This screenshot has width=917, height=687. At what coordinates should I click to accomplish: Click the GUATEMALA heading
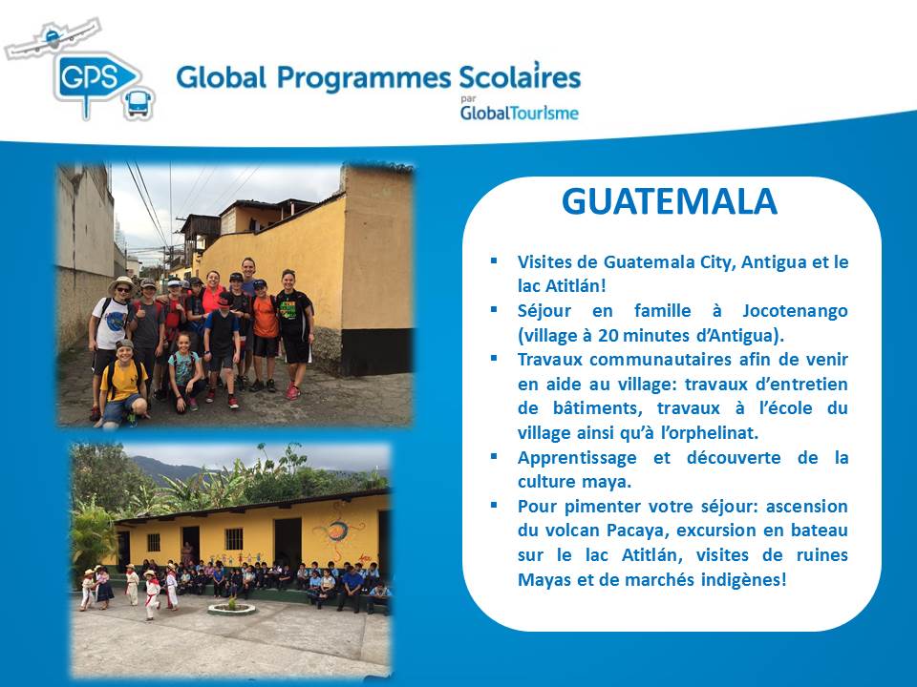pyautogui.click(x=669, y=201)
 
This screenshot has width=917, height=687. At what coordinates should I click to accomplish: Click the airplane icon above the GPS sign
pyautogui.click(x=53, y=38)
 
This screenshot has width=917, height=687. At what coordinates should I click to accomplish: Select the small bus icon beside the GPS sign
pyautogui.click(x=139, y=104)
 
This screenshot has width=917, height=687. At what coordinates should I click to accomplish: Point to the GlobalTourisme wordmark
pyautogui.click(x=520, y=113)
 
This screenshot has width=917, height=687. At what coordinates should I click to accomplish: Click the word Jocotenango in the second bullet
pyautogui.click(x=795, y=311)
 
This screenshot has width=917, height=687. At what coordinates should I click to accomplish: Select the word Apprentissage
pyautogui.click(x=577, y=458)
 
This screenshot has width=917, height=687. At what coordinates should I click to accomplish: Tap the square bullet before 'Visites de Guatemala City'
pyautogui.click(x=494, y=260)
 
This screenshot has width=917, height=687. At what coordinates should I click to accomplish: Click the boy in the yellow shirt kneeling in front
pyautogui.click(x=122, y=385)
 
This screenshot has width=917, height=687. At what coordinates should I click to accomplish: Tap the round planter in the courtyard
pyautogui.click(x=231, y=608)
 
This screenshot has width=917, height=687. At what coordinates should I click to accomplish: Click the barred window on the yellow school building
pyautogui.click(x=234, y=538)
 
